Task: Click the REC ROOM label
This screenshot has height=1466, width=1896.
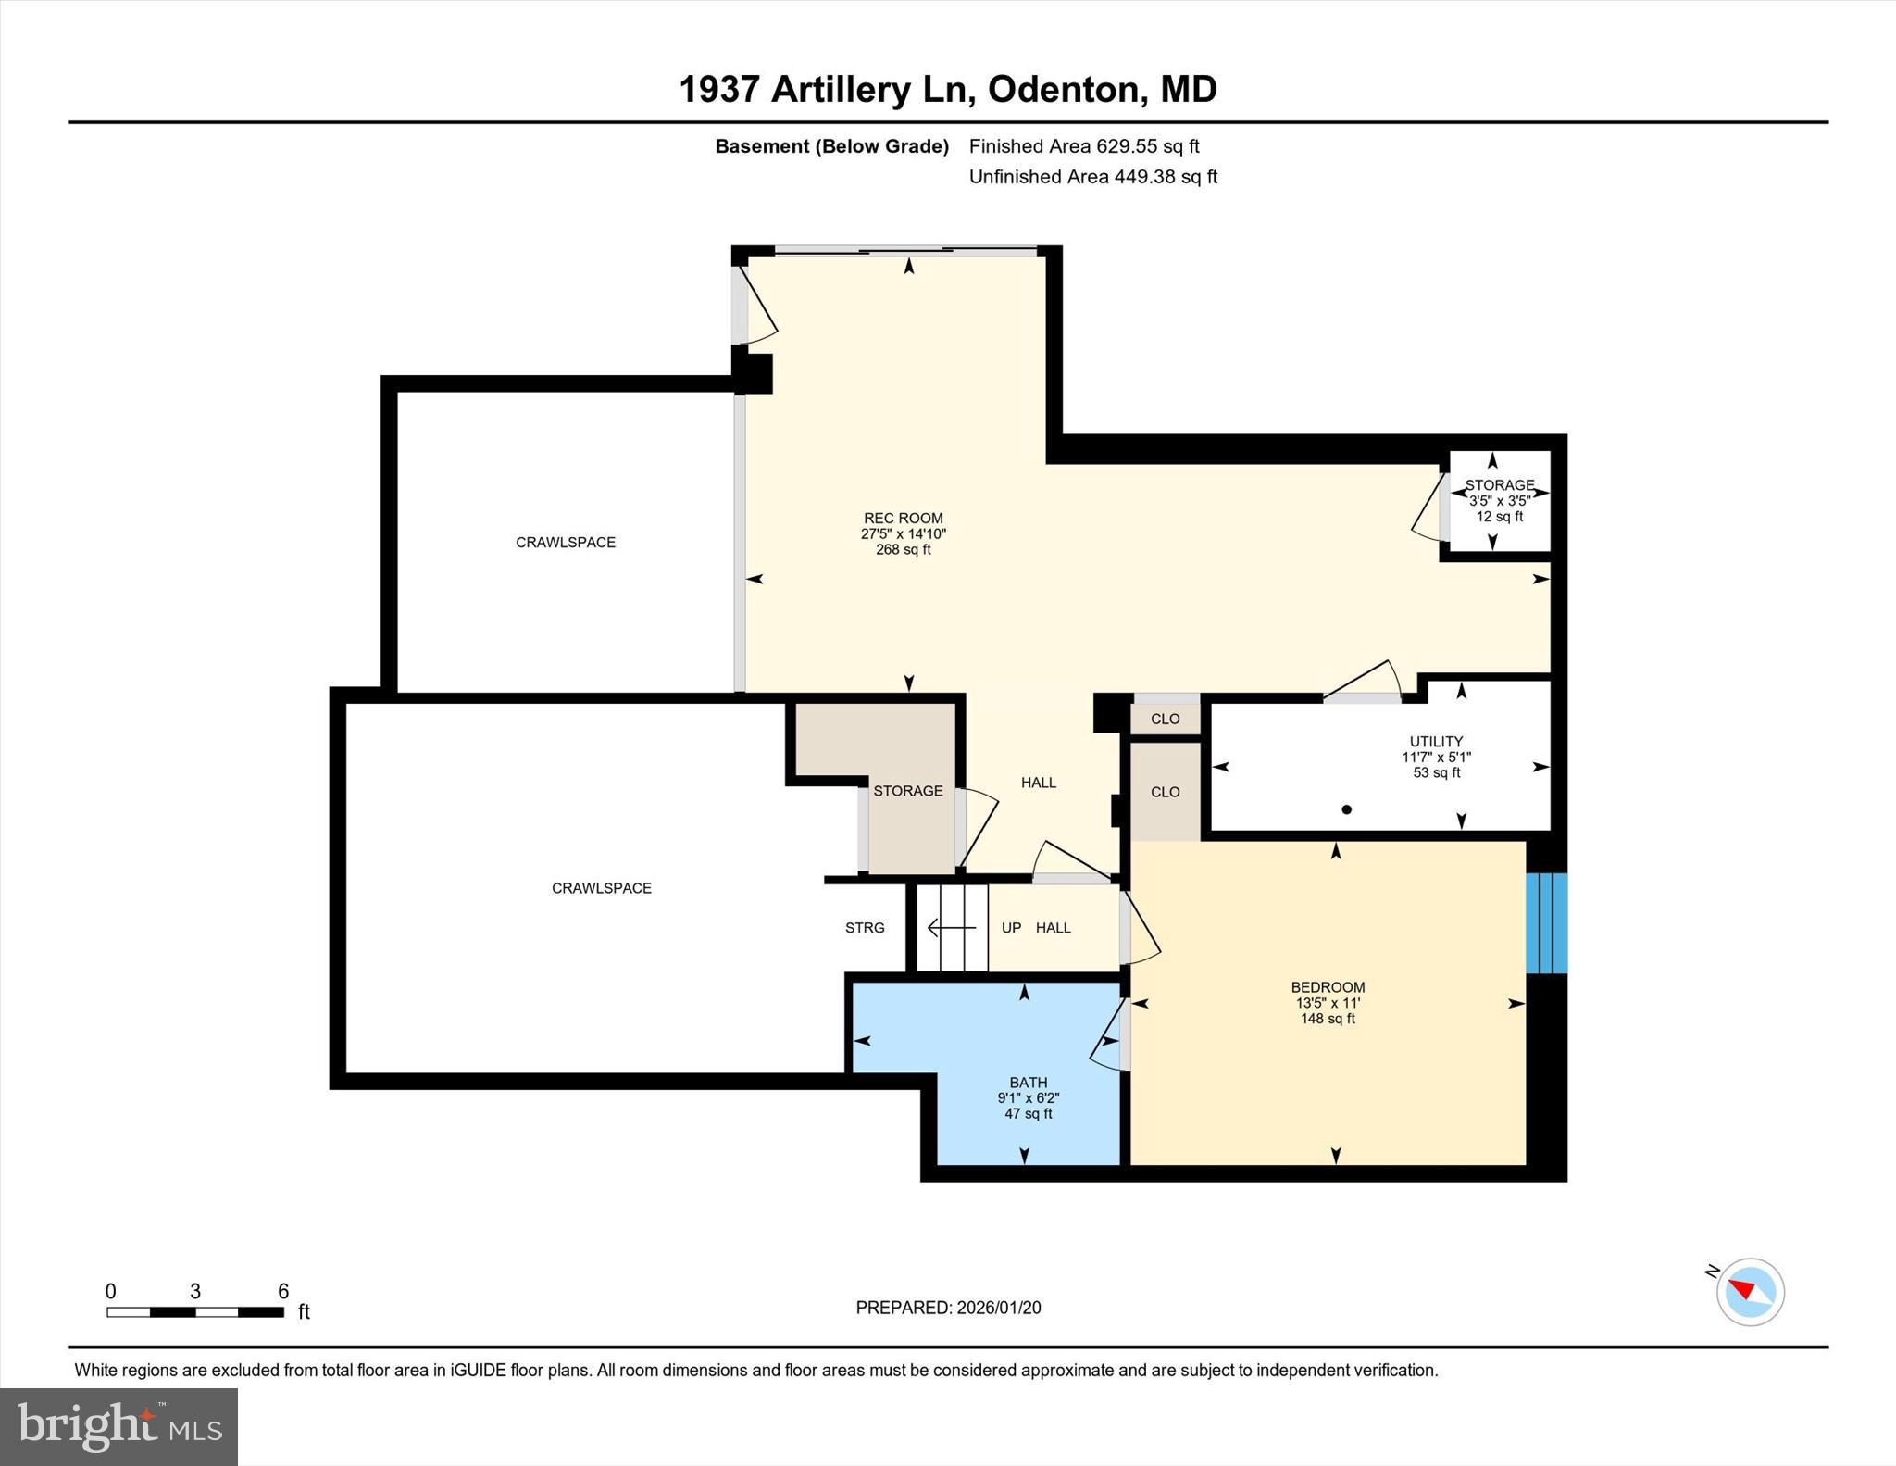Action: pos(903,519)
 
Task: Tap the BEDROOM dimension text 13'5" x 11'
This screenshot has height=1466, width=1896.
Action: pos(1328,1003)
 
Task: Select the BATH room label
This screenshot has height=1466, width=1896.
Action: pos(1028,1083)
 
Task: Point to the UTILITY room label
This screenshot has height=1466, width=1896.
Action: pos(1436,742)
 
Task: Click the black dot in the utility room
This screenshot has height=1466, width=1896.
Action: pos(1347,809)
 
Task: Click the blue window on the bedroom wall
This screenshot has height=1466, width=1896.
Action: pos(1546,923)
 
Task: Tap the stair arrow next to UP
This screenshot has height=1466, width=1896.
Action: pos(952,927)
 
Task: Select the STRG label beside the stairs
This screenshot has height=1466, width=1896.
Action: pos(865,928)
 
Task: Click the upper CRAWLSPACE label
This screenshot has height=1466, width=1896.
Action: pos(566,543)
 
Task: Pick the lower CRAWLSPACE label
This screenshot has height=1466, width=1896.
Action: pos(602,888)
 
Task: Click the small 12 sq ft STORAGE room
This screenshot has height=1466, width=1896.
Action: pos(1500,501)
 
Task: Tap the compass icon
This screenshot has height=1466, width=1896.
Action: pos(1750,1292)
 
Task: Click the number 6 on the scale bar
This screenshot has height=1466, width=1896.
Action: pos(283,1291)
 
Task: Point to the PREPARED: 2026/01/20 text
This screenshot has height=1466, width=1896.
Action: pos(948,1308)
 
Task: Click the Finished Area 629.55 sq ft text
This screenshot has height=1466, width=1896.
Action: pos(1084,146)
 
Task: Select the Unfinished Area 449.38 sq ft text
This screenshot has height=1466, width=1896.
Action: pos(1092,177)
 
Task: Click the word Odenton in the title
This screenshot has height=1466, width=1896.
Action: pos(1064,90)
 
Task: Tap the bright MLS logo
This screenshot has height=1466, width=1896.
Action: pos(118,1426)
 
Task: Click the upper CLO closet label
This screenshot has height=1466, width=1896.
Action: pos(1165,719)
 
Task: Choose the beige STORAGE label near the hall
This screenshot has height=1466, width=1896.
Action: pos(908,791)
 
